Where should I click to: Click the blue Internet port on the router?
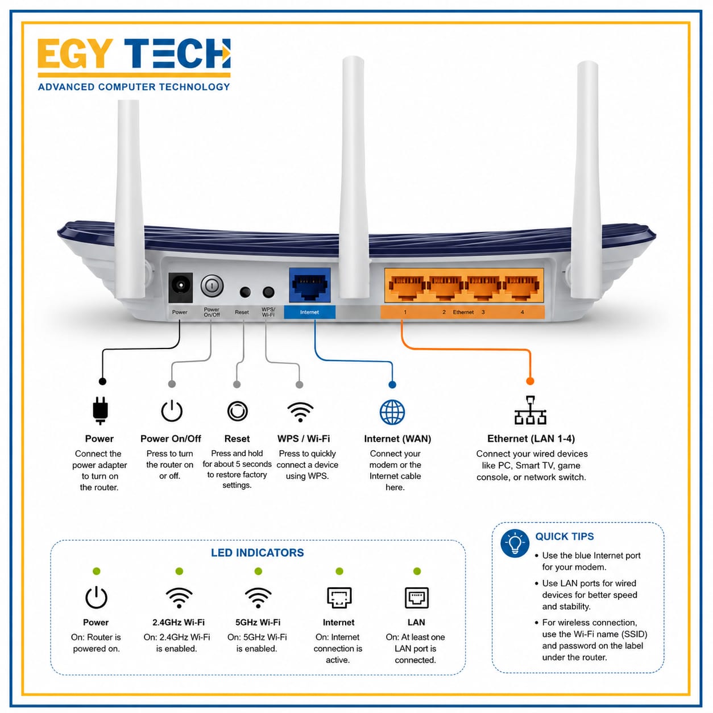click(309, 285)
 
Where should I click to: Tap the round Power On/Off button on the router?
click(212, 285)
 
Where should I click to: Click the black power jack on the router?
click(181, 287)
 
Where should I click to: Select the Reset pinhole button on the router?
click(245, 292)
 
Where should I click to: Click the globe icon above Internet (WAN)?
click(392, 412)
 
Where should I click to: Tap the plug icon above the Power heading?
click(100, 411)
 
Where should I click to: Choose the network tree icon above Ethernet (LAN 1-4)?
click(530, 410)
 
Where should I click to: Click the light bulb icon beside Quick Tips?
click(515, 544)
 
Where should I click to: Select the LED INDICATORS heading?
click(257, 553)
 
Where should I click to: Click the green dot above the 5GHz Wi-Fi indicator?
click(258, 571)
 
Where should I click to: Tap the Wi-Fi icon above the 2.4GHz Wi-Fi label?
click(179, 598)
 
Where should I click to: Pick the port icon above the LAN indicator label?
click(417, 598)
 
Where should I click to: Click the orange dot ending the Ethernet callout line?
click(530, 381)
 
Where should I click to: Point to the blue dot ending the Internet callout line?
click(392, 385)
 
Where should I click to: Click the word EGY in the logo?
click(74, 53)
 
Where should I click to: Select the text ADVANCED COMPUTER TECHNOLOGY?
click(134, 87)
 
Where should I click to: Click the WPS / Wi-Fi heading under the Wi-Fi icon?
click(304, 438)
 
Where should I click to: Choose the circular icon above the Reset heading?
click(237, 411)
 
